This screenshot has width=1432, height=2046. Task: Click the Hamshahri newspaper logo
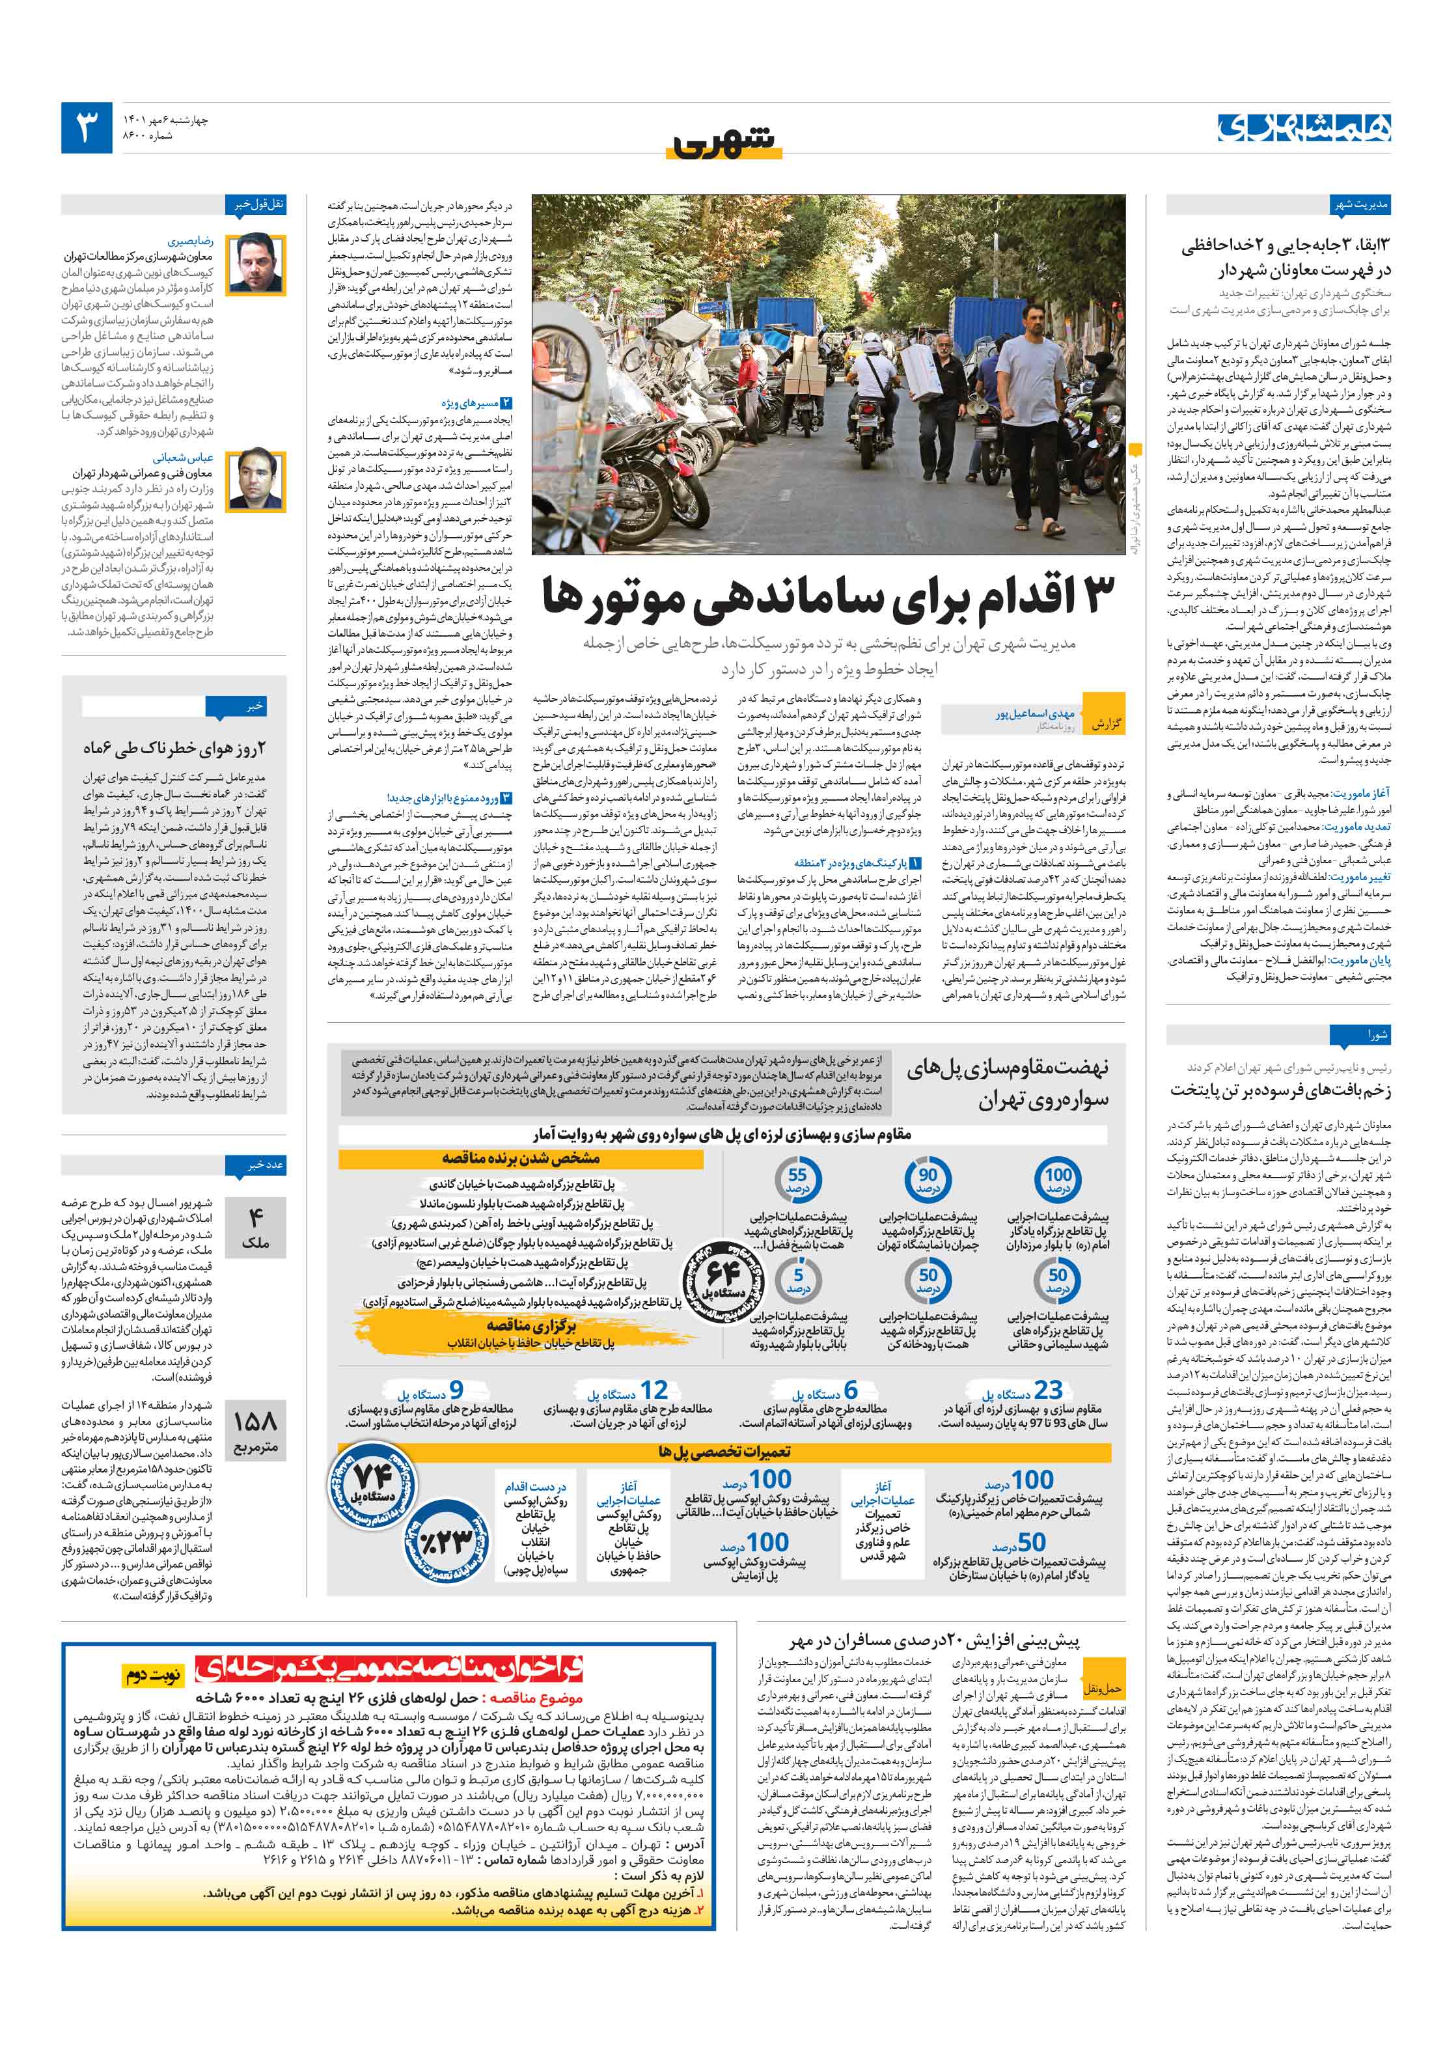coord(1304,128)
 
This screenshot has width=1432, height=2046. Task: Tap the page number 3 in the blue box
coord(87,128)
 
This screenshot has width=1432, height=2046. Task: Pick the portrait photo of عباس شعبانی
coord(256,480)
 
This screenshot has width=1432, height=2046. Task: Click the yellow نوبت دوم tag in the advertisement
coord(152,1676)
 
